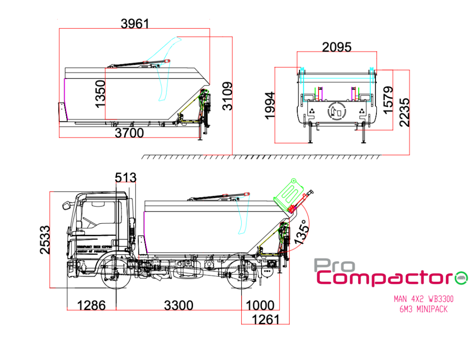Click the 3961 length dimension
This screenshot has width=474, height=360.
pos(135,23)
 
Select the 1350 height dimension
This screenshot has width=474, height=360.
pos(100,93)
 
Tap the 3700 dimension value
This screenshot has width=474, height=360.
pos(129,133)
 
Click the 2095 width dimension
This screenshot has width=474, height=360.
pos(337,47)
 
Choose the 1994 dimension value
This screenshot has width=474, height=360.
pos(270,105)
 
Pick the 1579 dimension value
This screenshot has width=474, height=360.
pos(388,100)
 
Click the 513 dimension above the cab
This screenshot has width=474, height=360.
pos(126,177)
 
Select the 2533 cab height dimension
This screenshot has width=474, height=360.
pos(45,240)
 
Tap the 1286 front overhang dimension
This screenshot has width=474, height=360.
pos(91,305)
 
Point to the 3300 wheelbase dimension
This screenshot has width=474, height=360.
pos(179,305)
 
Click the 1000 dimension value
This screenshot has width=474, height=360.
pos(260,305)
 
